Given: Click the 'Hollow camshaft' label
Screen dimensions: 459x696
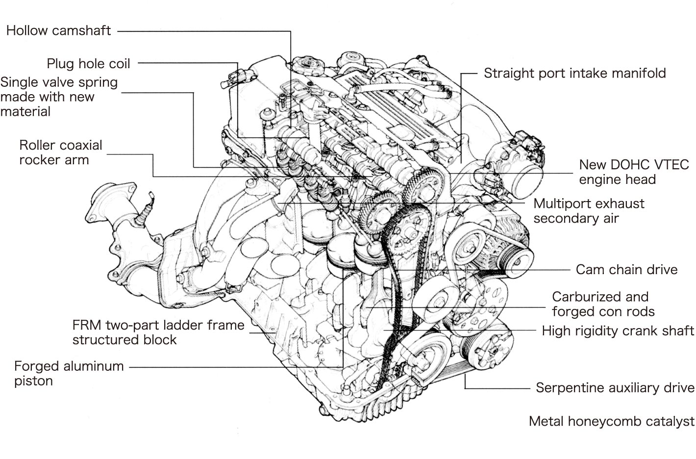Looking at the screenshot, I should point(58,31).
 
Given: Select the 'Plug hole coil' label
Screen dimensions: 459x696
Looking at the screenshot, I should point(88,64).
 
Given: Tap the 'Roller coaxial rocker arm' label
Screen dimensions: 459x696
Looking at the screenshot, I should point(61,153).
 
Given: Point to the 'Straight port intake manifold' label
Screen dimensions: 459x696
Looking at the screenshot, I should point(574,74).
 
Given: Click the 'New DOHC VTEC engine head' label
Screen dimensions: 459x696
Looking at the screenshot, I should point(634,172).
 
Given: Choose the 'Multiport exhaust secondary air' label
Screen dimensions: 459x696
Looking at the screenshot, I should point(589,211).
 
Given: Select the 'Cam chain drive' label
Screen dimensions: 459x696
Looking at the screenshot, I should point(626,270).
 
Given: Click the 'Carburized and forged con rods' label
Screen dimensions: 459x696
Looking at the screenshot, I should point(603,304).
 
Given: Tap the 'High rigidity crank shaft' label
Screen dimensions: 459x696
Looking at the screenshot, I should point(618,331).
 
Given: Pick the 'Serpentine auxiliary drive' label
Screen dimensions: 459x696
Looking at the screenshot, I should point(615,388).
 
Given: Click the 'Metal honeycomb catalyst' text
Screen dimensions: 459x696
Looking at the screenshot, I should point(611,421).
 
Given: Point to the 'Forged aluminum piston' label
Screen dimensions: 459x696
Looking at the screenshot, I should point(69,373).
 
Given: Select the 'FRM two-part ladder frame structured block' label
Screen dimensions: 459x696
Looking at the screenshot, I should point(158,332).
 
